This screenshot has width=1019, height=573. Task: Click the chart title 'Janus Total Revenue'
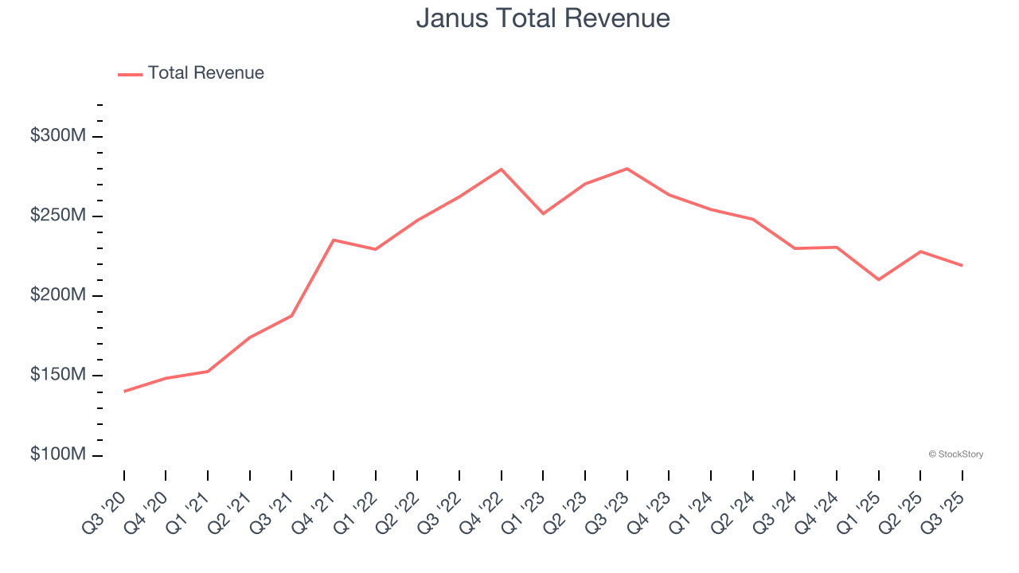click(543, 18)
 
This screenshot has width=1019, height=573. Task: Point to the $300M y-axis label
click(58, 136)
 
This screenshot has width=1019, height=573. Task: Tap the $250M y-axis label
click(58, 216)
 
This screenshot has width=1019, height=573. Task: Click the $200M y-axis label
click(58, 295)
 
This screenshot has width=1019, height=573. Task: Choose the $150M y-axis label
click(58, 375)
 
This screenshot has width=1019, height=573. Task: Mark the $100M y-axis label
click(58, 454)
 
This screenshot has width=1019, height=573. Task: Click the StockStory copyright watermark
click(956, 454)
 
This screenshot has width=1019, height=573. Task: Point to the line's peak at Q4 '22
click(502, 170)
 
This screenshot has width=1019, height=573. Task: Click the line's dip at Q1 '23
click(543, 213)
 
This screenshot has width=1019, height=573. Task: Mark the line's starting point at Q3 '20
click(124, 392)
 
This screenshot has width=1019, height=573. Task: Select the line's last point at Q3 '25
click(962, 265)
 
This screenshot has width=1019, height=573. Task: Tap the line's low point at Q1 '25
click(878, 279)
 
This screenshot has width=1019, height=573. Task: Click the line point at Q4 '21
click(334, 240)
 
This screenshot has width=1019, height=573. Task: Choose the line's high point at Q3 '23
click(627, 169)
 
